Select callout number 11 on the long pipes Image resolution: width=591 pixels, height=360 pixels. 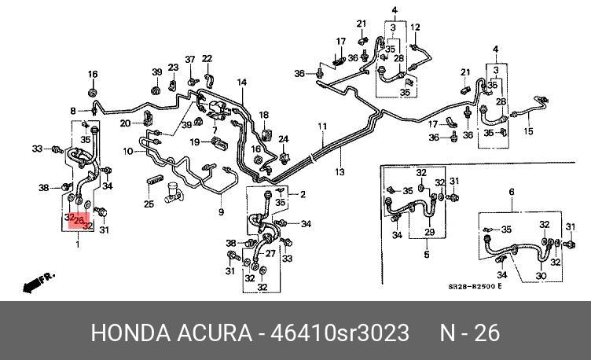tap(321, 127)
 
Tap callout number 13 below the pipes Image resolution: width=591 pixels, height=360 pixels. tap(340, 171)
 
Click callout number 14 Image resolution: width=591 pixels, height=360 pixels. tap(242, 83)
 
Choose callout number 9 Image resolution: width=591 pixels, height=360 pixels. tap(222, 211)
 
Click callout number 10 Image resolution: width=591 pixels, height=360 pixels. tap(128, 151)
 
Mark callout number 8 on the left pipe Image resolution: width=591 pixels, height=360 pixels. tap(72, 111)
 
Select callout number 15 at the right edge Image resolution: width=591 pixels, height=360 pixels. tap(529, 131)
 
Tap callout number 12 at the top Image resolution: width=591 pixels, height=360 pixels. tap(415, 28)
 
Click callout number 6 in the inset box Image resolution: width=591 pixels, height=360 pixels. tap(512, 192)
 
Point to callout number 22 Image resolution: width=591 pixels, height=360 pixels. tap(207, 59)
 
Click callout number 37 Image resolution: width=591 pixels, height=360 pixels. tap(189, 60)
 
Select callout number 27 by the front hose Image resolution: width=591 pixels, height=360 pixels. tap(272, 253)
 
